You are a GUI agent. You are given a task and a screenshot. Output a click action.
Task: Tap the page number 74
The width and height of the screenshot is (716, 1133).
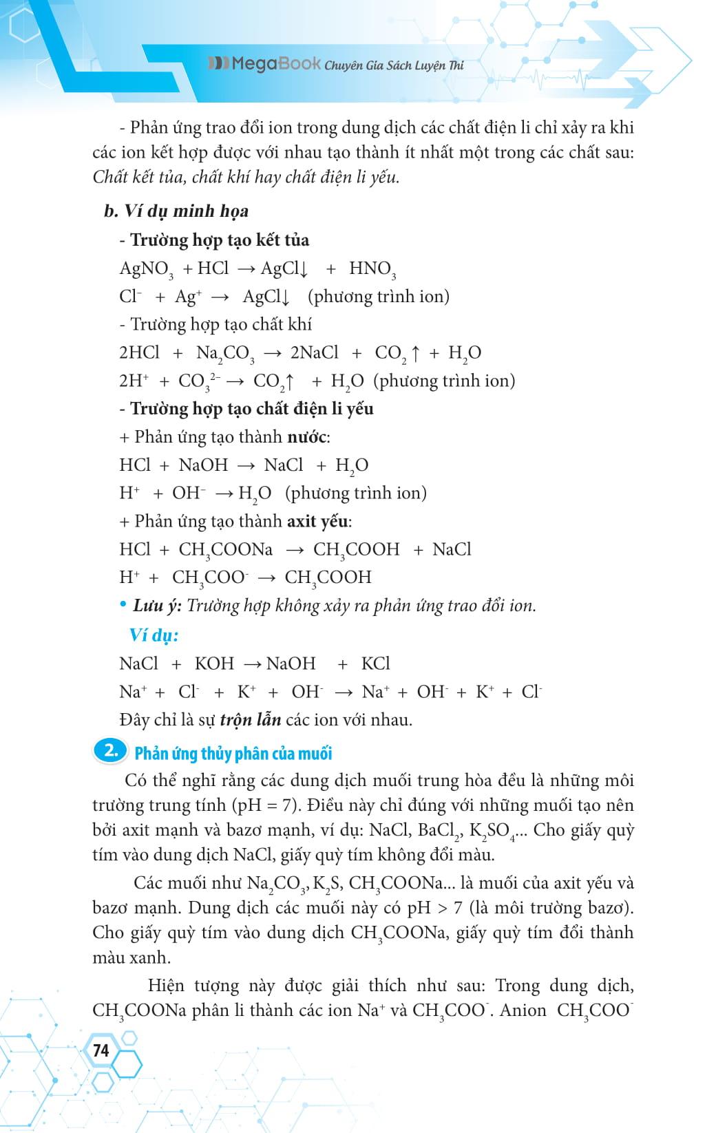[x=101, y=1050]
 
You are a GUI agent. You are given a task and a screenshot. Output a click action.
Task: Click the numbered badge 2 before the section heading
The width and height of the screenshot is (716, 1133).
[x=110, y=751]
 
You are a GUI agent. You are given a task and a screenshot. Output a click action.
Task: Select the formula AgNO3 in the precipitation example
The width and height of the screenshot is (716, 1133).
[x=146, y=269]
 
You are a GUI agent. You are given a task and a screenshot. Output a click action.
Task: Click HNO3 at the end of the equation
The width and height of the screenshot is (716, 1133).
[x=372, y=269]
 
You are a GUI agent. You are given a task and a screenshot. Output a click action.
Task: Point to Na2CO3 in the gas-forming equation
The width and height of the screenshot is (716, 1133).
[x=225, y=354]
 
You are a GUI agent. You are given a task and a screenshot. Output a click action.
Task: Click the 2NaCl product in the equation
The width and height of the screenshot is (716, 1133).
[x=315, y=353]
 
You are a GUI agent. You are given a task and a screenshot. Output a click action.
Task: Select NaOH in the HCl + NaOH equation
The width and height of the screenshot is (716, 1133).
[x=203, y=465]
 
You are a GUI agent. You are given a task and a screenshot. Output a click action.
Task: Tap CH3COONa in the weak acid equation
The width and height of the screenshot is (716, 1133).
[x=225, y=550]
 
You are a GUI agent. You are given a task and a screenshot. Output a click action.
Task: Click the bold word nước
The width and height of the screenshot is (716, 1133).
[x=307, y=437]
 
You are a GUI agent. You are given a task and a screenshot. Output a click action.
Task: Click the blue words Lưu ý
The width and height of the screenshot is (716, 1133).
[x=157, y=606]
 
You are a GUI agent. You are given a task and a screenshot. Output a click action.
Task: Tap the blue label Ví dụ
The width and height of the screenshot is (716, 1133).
[x=154, y=635]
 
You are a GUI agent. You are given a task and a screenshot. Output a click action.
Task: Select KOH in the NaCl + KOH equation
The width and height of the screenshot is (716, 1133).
[x=214, y=664]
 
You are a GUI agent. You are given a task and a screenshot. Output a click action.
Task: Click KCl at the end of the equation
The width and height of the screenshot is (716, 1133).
[x=375, y=664]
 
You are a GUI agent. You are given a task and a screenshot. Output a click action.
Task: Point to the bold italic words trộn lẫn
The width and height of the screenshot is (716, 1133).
[x=251, y=720]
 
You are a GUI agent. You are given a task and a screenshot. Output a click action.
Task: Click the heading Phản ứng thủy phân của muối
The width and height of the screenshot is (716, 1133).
[x=233, y=753]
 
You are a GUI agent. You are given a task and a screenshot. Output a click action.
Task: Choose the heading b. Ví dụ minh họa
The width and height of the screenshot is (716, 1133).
[x=176, y=211]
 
